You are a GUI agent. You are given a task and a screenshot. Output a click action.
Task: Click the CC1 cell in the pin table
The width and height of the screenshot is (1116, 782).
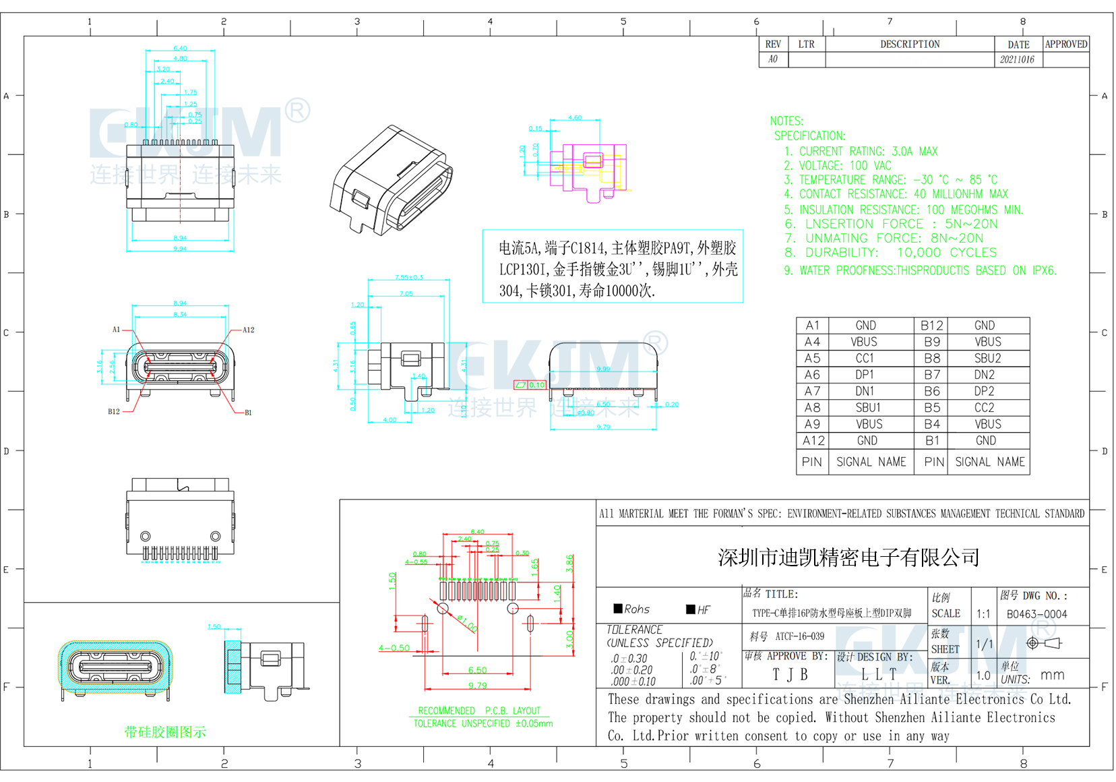click(865, 358)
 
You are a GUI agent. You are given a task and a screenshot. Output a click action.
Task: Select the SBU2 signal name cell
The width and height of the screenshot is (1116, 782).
click(987, 358)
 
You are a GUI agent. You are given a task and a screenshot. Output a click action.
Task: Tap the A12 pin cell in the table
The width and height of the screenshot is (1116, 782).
click(813, 441)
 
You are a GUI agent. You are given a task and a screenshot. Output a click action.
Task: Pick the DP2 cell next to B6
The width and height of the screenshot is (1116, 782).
click(984, 391)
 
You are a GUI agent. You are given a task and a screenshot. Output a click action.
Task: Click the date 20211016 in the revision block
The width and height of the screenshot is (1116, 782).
click(1017, 59)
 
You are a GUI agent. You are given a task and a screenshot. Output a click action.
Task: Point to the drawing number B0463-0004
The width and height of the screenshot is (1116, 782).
click(1036, 614)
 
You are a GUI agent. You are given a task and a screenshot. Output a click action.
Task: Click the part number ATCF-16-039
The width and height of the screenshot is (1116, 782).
click(799, 636)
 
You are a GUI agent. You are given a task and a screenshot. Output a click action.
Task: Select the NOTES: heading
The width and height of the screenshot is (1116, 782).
click(786, 121)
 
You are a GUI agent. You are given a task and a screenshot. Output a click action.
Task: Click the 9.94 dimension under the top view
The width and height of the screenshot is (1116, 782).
click(180, 249)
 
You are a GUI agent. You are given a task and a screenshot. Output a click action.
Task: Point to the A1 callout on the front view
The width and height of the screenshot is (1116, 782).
click(116, 330)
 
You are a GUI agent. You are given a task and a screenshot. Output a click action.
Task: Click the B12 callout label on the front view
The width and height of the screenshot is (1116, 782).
click(114, 411)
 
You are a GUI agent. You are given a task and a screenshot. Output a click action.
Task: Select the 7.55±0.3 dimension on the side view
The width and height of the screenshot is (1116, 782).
click(409, 277)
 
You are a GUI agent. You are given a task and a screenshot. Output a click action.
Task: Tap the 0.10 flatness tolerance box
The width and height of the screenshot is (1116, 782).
click(536, 385)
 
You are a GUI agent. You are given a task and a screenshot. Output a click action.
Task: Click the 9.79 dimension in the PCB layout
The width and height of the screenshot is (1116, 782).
click(477, 686)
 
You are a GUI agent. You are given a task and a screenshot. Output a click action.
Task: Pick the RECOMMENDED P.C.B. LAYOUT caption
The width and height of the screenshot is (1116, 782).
click(479, 711)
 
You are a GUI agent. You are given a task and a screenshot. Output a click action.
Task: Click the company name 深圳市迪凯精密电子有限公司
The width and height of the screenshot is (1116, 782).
click(848, 558)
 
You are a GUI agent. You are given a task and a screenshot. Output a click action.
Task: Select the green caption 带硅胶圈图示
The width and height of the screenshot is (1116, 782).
click(165, 732)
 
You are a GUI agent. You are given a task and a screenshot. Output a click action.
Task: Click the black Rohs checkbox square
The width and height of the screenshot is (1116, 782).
click(617, 609)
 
